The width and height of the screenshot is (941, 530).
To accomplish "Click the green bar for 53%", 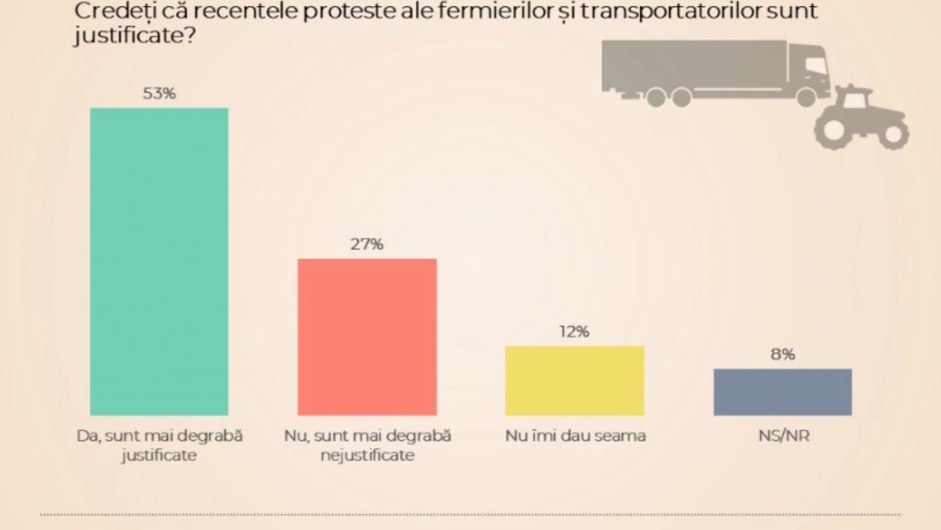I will [x=159, y=261].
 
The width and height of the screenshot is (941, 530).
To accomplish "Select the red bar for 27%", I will [x=367, y=337].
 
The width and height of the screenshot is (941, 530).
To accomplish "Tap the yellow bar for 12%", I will [x=575, y=380].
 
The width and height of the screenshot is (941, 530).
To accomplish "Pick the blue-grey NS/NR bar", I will [x=783, y=392].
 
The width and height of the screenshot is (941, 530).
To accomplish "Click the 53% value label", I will [x=159, y=93].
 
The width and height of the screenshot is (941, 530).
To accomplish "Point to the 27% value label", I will [x=367, y=244].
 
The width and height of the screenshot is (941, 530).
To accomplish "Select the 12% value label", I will [x=575, y=332].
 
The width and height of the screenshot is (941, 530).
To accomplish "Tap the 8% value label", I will [x=783, y=354].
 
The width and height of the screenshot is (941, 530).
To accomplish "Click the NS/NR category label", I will [x=783, y=436].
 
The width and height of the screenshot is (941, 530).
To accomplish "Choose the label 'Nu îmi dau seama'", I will [x=575, y=436].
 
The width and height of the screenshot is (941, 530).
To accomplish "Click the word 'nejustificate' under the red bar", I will [x=368, y=455].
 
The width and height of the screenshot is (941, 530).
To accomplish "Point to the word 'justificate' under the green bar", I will [x=159, y=455].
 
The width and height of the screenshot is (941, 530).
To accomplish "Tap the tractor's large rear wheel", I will [x=833, y=130].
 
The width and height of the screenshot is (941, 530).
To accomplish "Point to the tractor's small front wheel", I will [x=893, y=135].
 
